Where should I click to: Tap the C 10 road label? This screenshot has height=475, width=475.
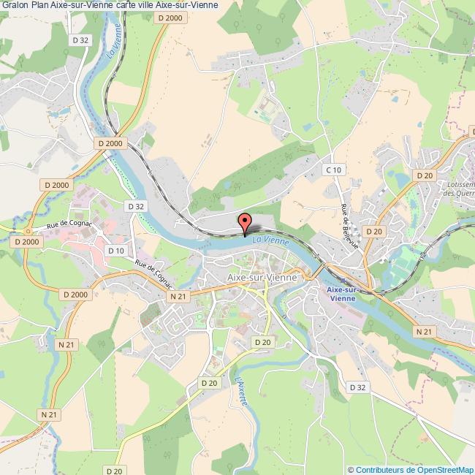pos(333,170)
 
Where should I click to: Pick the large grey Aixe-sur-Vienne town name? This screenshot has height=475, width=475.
pos(262,278)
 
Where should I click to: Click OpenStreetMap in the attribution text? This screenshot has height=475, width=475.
pos(443,470)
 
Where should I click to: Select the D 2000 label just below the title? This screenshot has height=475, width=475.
pos(170,17)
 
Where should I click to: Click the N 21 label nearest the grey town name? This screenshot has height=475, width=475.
pos(178,297)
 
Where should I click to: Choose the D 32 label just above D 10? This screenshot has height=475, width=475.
pos(136,207)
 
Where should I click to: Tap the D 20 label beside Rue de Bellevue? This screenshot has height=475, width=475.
pos(374,231)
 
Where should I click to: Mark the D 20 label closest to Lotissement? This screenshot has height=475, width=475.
pos(425,175)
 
